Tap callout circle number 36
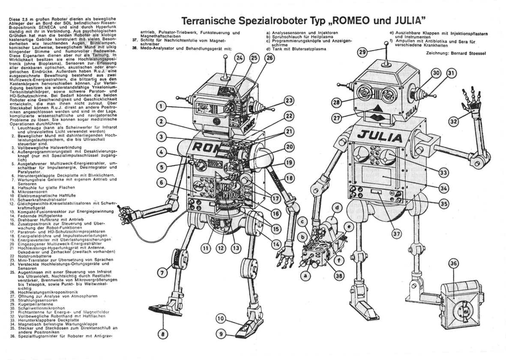coord(453,264)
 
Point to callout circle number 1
coord(161,106)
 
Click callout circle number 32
coord(454,122)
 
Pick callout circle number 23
coord(290,101)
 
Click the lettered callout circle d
coord(337,208)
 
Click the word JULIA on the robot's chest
coord(380,137)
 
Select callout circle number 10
coord(221,318)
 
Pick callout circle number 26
coord(269,58)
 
